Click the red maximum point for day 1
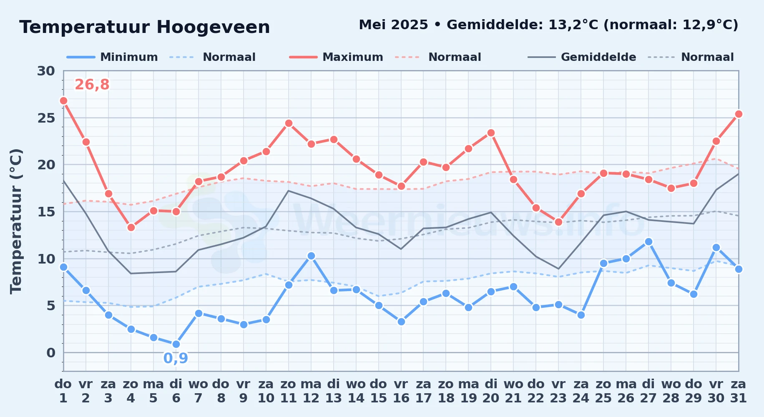tap(63, 100)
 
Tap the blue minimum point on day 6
tap(176, 344)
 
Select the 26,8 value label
tap(92, 85)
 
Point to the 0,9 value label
tap(176, 358)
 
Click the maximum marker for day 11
tap(289, 123)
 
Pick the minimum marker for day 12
tap(311, 256)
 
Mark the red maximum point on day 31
tap(739, 114)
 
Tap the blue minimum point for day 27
tap(648, 241)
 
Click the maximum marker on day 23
tap(558, 222)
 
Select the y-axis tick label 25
tap(46, 118)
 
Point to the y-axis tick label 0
tap(50, 353)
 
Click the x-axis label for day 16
tap(401, 391)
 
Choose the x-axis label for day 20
tap(491, 391)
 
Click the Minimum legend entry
tap(112, 57)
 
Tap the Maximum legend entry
tap(336, 57)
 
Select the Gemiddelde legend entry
tap(582, 57)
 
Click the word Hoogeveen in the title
tap(213, 28)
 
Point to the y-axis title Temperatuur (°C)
tap(16, 221)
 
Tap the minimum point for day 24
tap(581, 315)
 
